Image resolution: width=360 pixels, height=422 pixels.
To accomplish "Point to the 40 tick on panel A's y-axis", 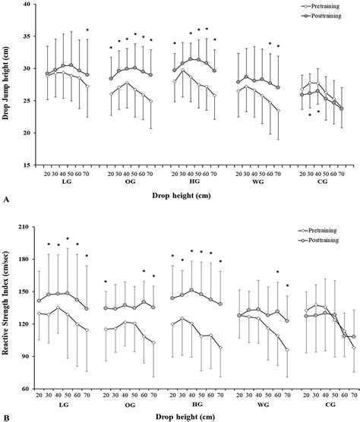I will pos(27,5).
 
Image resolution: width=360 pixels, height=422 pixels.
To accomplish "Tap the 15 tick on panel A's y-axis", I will pos(27,165).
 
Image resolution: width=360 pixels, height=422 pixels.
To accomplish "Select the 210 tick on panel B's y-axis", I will pos(26,227).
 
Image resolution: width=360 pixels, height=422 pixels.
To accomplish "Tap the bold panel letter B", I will pos(6,417).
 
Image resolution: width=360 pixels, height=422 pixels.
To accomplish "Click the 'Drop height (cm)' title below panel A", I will pos(191,196).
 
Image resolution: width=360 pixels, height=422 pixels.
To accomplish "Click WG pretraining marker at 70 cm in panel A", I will pos(278,111).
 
